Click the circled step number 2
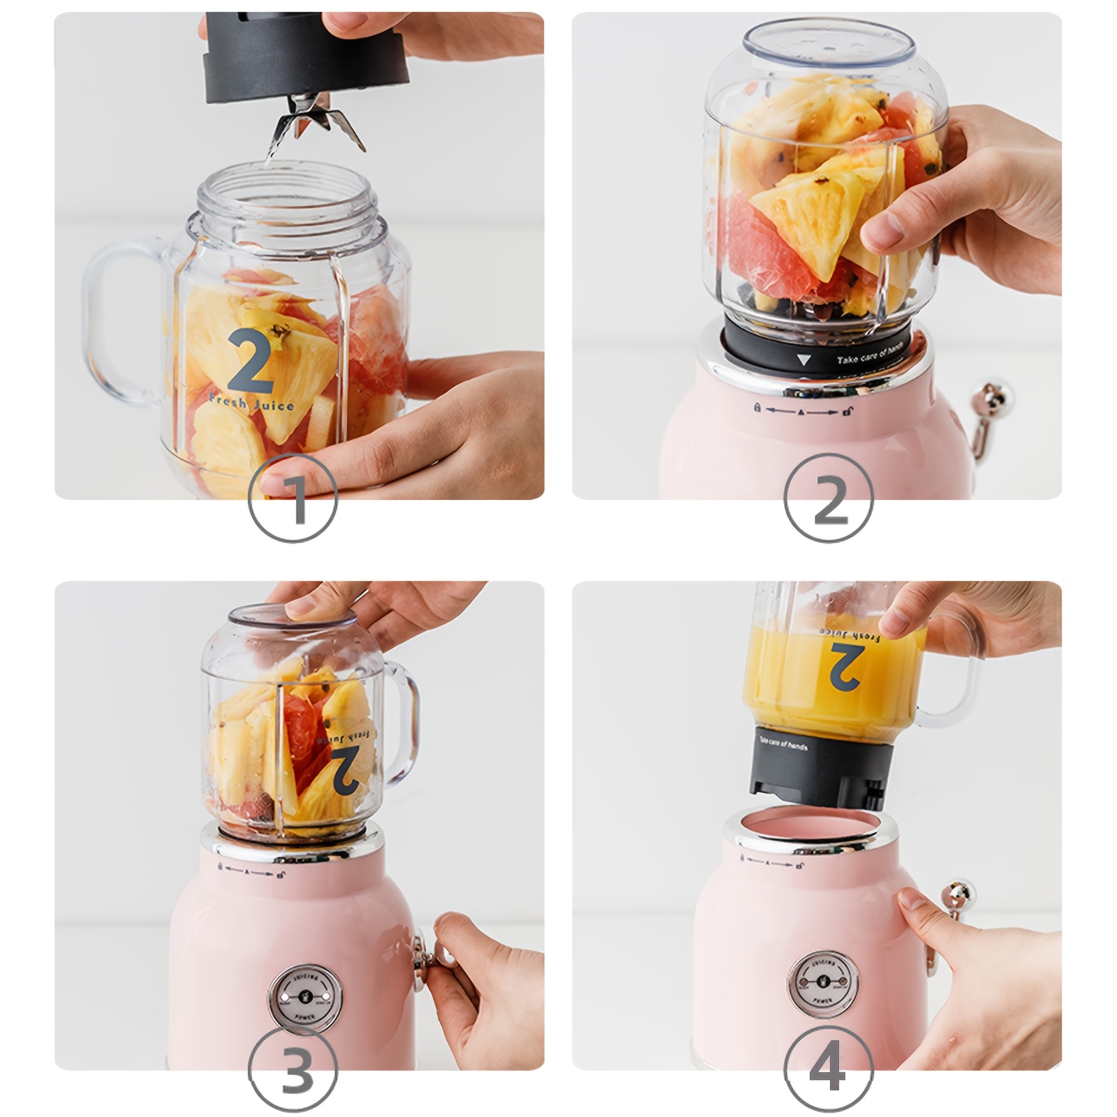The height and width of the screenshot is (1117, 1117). tap(828, 498)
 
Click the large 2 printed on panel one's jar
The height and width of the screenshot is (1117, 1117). tap(249, 361)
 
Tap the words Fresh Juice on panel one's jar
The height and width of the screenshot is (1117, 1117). tap(251, 403)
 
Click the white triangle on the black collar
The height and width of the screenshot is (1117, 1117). tap(804, 360)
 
